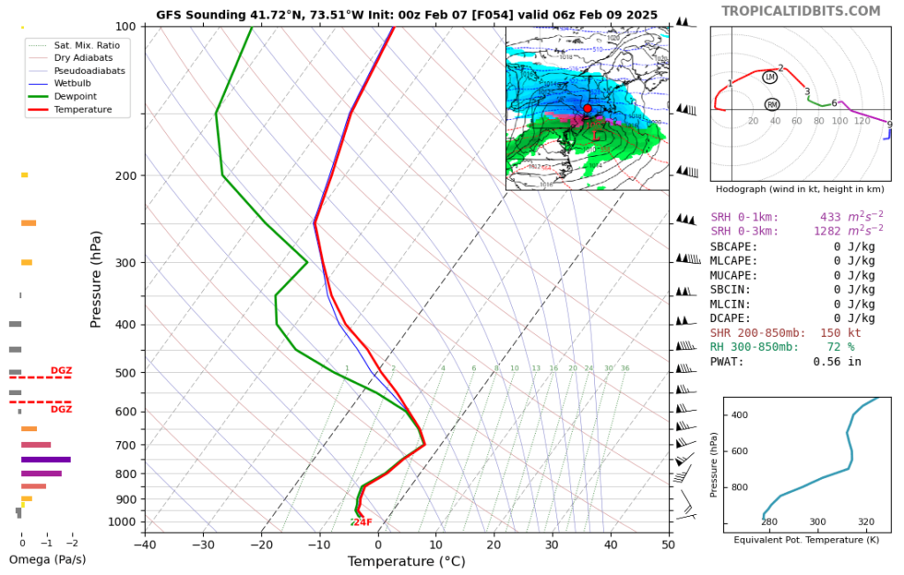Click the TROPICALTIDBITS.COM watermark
tap(801, 11)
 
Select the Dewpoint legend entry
tap(74, 96)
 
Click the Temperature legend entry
tap(82, 109)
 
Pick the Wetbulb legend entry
tap(74, 83)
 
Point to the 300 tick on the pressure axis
tap(124, 263)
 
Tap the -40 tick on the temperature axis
tap(145, 544)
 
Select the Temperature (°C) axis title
tap(406, 562)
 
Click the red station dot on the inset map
tap(587, 108)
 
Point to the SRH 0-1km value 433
tap(833, 217)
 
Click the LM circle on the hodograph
tap(770, 78)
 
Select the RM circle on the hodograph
tap(772, 105)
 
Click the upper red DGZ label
tap(61, 370)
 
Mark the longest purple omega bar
tap(46, 459)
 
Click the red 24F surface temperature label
tap(362, 522)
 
